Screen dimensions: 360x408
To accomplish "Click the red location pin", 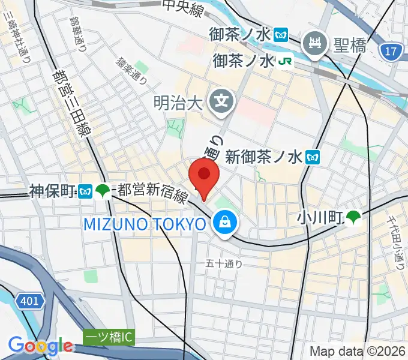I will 204,175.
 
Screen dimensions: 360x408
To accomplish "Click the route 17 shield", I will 391,52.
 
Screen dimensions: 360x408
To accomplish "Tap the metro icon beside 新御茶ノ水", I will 312,158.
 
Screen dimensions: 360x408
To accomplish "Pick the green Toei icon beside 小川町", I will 354,218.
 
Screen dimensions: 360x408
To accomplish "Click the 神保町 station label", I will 52,191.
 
